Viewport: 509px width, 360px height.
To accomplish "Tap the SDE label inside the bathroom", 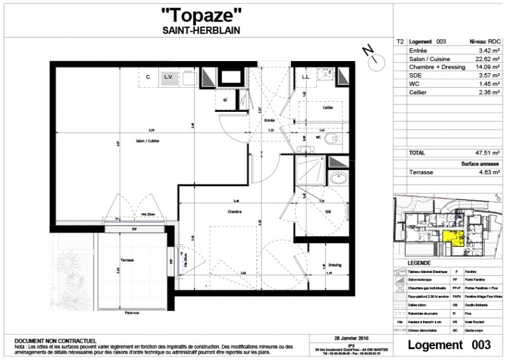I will [x=328, y=212].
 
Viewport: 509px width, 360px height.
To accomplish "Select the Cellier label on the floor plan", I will [x=327, y=108].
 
